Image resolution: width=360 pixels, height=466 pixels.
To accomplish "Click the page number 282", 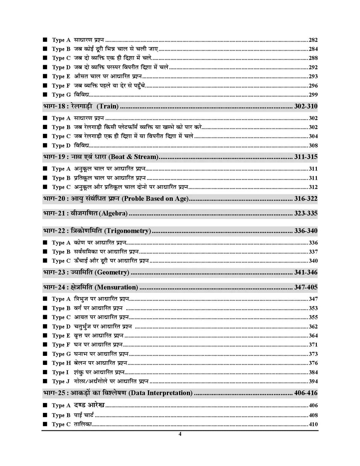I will tap(313, 40).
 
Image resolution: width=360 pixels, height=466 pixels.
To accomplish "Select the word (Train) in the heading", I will tap(108, 106).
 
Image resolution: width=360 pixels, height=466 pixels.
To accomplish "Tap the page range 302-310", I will tap(306, 106).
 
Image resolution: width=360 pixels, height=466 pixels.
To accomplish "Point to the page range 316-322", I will tap(306, 199).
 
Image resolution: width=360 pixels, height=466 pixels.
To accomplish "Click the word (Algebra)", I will tap(114, 213).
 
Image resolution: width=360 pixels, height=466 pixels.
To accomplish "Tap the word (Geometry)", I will tap(112, 272).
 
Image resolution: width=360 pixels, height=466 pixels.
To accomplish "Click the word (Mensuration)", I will tap(116, 287).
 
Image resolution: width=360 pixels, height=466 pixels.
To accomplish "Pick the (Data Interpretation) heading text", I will tap(160, 393).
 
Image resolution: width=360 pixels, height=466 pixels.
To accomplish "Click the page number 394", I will tap(313, 381).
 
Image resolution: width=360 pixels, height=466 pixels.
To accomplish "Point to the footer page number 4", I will tap(180, 434).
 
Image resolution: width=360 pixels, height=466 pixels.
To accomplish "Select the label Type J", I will tap(61, 381).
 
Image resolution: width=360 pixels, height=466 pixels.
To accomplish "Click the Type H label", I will tap(61, 363).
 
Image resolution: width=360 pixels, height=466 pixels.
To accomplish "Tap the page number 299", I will tap(313, 95).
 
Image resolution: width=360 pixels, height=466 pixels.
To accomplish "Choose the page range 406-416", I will tap(306, 393).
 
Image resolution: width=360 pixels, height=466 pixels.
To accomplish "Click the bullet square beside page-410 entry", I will tap(45, 424).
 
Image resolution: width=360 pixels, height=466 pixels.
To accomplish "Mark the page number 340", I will tap(313, 261).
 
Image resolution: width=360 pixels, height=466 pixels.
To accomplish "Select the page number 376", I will tap(313, 363).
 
